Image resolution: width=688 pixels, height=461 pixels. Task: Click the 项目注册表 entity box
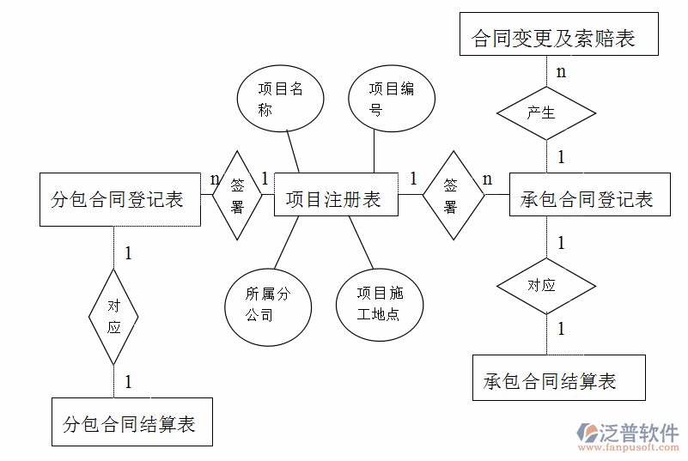tap(335, 200)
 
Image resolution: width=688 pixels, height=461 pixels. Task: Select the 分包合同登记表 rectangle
tap(119, 200)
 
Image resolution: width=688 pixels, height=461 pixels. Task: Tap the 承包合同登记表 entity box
tap(588, 200)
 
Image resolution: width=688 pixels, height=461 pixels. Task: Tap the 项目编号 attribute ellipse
tap(391, 99)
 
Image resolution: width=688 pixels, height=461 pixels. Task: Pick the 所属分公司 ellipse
tap(267, 304)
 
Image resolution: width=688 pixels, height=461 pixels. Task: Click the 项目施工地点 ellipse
tap(379, 304)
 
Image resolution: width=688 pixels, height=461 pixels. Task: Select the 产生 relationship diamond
tap(546, 112)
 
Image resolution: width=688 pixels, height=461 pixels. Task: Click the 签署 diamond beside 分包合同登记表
tap(238, 196)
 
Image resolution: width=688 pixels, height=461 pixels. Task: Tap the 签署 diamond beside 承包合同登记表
tap(451, 196)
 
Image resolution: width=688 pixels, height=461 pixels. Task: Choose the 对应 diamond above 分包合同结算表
tap(113, 316)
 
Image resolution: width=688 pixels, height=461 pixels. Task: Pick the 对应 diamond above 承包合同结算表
tap(546, 285)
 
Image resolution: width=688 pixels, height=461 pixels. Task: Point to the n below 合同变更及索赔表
tap(561, 71)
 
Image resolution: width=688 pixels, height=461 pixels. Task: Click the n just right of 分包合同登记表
tap(215, 179)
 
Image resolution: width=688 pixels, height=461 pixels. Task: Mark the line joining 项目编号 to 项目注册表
tap(374, 152)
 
